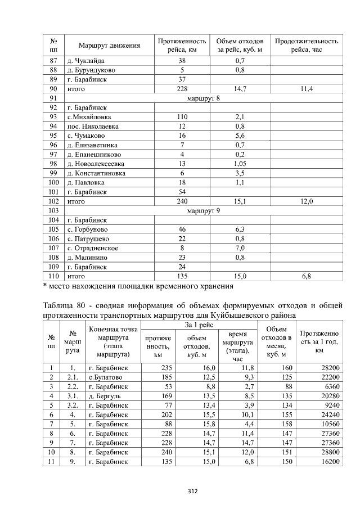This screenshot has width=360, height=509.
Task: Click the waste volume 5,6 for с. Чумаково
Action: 240,136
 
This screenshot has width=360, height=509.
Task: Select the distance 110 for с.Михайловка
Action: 182,116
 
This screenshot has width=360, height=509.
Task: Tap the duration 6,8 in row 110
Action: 306,276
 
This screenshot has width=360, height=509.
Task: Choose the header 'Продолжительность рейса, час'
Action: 306,46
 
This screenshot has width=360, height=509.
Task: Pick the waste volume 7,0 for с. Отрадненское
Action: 240,248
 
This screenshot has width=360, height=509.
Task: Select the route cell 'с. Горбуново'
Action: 88,229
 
